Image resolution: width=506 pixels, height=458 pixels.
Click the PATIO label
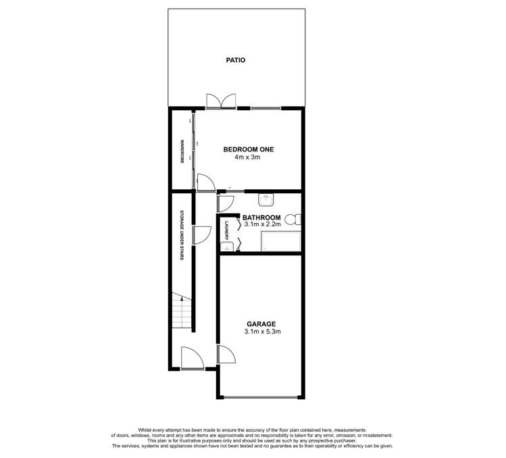235,60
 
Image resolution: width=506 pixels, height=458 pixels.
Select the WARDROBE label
182,153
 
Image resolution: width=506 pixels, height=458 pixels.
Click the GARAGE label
261,324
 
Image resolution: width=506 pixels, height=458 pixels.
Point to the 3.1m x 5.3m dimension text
262,332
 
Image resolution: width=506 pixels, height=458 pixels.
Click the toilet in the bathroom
293,220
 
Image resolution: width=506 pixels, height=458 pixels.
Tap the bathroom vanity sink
266,200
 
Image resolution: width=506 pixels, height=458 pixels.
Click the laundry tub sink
227,247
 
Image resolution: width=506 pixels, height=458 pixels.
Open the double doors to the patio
221,101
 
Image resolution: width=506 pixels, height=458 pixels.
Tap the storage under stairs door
201,234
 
